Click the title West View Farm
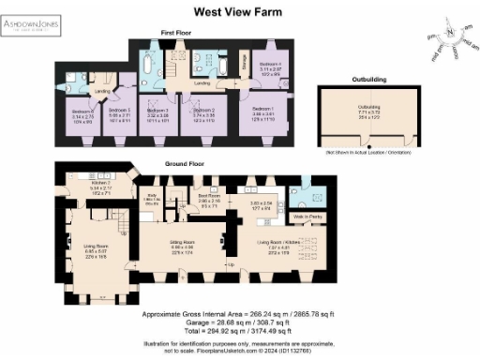[240, 12]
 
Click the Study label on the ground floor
[172, 198]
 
